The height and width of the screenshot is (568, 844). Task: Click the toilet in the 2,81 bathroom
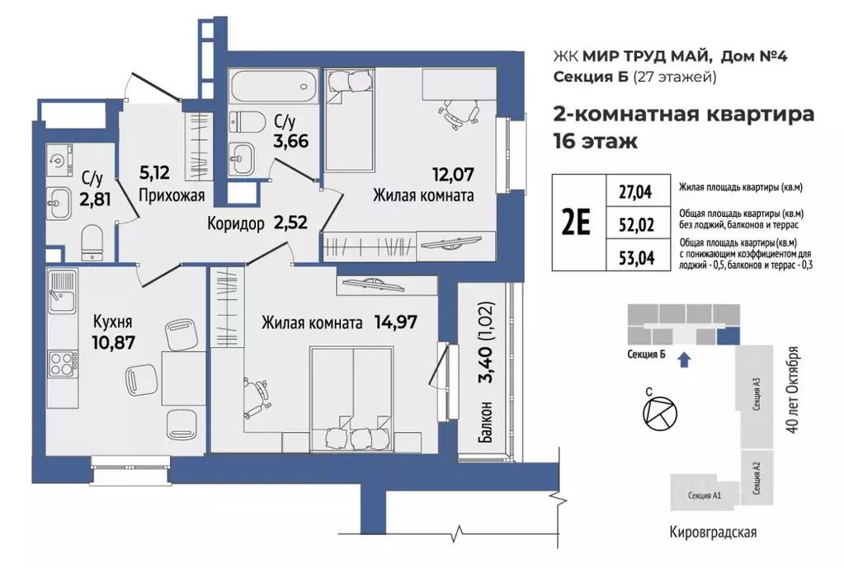click(92, 242)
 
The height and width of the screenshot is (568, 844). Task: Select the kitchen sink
click(61, 292)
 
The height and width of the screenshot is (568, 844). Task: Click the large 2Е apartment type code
click(576, 223)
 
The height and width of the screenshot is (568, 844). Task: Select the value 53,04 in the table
click(634, 257)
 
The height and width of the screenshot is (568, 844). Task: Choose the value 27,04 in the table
click(634, 192)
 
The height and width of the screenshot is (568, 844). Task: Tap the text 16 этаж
click(595, 140)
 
